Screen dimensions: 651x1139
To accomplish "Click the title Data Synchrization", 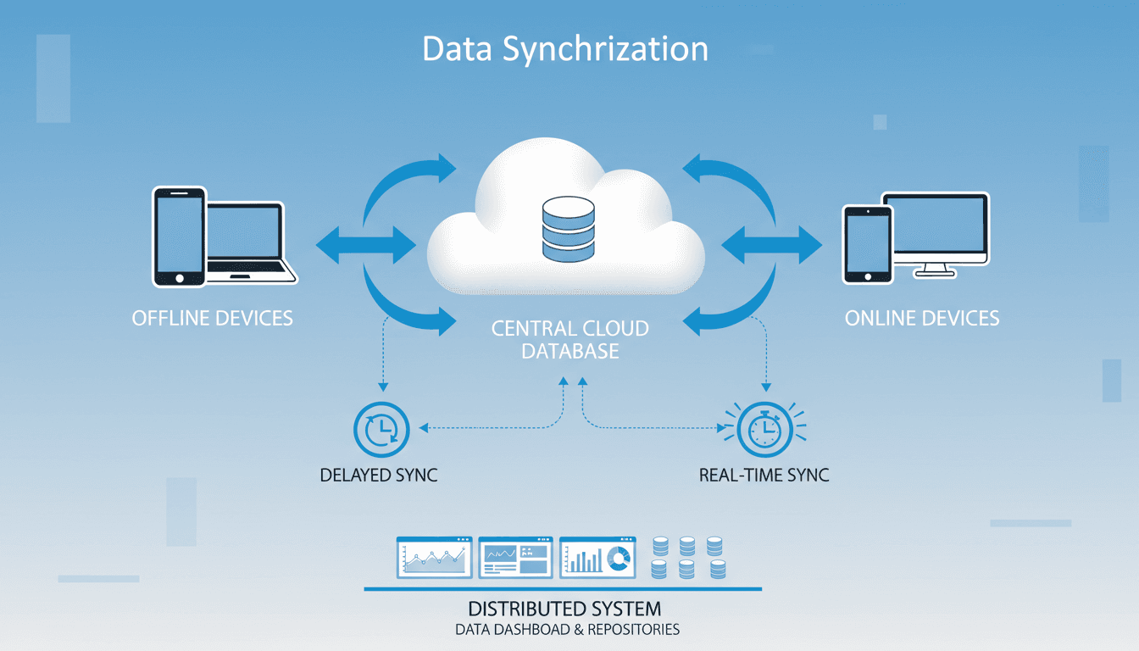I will click(x=564, y=49).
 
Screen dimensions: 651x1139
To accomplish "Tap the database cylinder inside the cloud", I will click(x=569, y=228).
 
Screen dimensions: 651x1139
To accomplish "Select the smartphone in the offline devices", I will click(x=179, y=236).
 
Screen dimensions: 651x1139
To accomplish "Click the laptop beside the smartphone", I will click(x=248, y=242).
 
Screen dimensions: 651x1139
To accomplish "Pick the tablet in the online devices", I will click(x=867, y=243).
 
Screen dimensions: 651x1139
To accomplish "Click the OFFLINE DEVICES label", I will click(x=212, y=319).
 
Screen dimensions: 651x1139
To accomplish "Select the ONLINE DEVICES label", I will click(x=922, y=319).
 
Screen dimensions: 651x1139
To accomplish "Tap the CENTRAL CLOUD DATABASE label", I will click(x=569, y=339).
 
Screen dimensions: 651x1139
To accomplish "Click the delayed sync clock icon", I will click(x=381, y=430).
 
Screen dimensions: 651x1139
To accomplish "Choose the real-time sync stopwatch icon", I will click(x=764, y=430).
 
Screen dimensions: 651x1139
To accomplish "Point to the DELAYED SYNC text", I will click(x=379, y=475).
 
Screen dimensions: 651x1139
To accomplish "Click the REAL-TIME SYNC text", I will click(x=764, y=475).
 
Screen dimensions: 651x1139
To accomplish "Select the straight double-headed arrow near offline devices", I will click(x=365, y=246).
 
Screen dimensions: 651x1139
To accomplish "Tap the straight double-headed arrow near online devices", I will click(x=771, y=246).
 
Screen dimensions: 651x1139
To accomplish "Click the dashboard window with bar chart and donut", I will click(x=597, y=557).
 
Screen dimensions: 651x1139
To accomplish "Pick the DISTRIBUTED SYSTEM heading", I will click(x=564, y=609).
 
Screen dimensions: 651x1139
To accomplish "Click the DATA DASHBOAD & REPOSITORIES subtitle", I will click(x=567, y=630).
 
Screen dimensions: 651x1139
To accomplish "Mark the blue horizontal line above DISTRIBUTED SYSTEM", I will click(x=563, y=588).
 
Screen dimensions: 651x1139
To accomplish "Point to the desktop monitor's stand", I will click(x=936, y=270).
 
